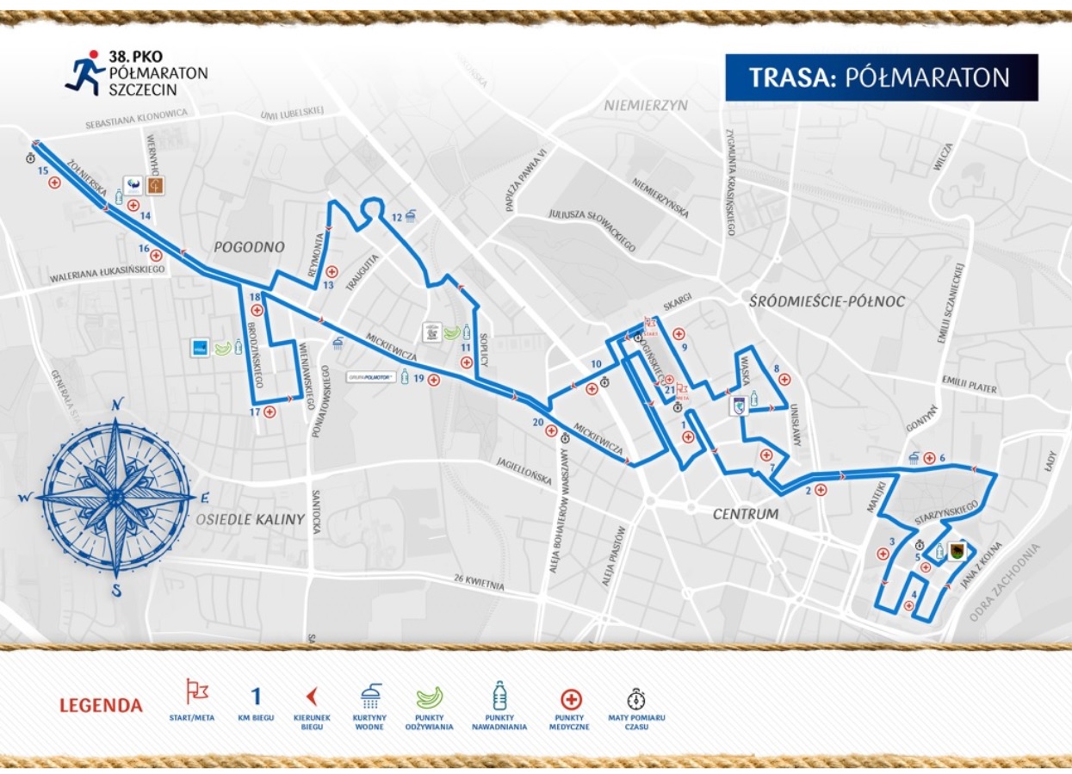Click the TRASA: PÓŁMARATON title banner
(x=881, y=77)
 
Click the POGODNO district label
(x=251, y=247)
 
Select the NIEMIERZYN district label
(x=646, y=105)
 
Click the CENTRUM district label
(x=745, y=514)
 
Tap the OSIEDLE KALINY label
(x=250, y=519)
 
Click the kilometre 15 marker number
(x=42, y=171)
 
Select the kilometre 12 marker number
(x=396, y=217)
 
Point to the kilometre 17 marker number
(x=255, y=412)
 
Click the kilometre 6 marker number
(x=943, y=457)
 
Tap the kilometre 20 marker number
(x=538, y=422)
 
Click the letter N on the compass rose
(x=117, y=403)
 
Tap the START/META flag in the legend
(x=197, y=692)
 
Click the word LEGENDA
(x=101, y=706)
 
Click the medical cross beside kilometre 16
(x=157, y=255)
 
